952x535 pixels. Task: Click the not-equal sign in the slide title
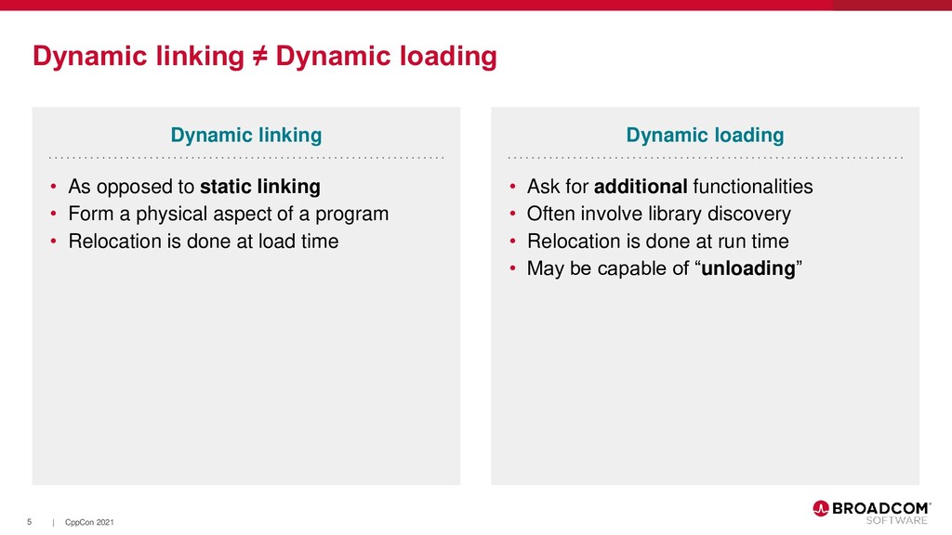pyautogui.click(x=259, y=58)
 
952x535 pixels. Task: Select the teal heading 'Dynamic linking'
pyautogui.click(x=245, y=136)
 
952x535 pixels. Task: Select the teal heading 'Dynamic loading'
pyautogui.click(x=705, y=136)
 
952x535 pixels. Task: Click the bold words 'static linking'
pyautogui.click(x=259, y=187)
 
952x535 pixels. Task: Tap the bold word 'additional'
pyautogui.click(x=640, y=187)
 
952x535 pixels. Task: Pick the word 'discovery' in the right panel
pyautogui.click(x=750, y=215)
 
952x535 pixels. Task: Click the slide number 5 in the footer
pyautogui.click(x=30, y=523)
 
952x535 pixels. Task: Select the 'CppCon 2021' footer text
pyautogui.click(x=89, y=524)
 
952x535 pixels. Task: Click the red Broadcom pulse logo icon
pyautogui.click(x=821, y=508)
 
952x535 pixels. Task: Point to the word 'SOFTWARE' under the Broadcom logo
pyautogui.click(x=896, y=520)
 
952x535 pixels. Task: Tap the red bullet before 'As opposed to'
pyautogui.click(x=54, y=188)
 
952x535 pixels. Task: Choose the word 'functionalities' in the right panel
pyautogui.click(x=753, y=187)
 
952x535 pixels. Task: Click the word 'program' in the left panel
pyautogui.click(x=353, y=215)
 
